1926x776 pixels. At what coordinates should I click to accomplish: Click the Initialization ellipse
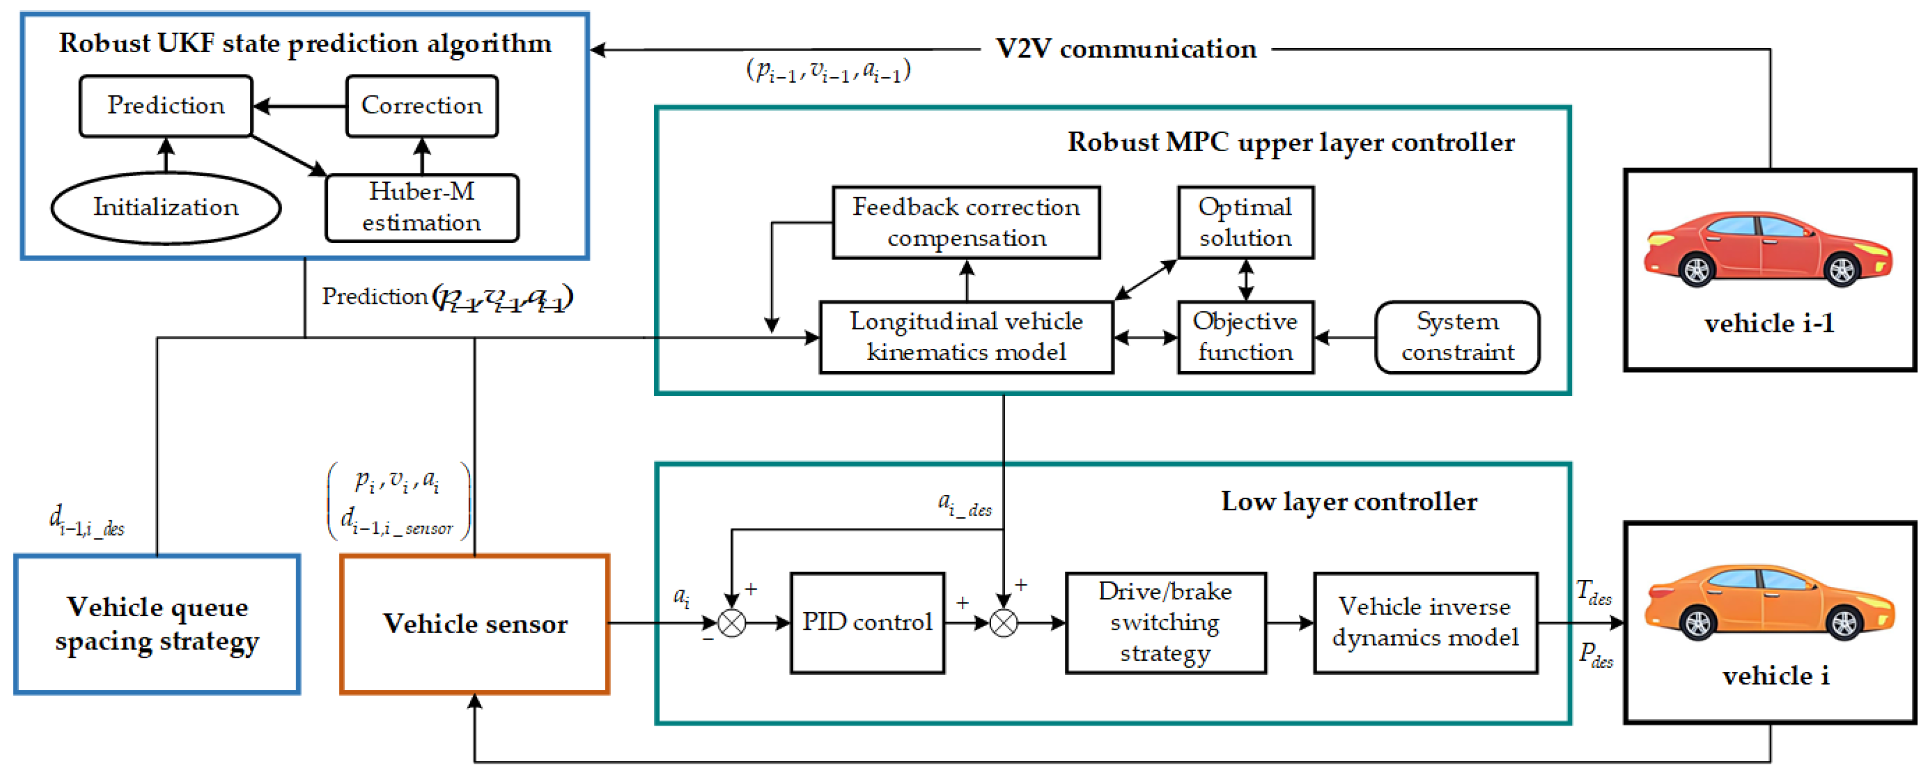166,207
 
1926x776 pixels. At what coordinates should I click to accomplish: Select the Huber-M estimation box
421,207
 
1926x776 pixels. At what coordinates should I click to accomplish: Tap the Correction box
421,105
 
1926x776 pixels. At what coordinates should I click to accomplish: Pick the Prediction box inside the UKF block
166,105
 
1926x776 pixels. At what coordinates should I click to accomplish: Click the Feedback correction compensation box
966,222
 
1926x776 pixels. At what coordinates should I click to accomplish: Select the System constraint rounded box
1457,337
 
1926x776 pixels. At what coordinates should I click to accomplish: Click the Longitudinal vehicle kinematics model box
966,337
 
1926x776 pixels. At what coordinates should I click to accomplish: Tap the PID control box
868,623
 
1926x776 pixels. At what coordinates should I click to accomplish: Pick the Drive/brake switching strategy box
1165,623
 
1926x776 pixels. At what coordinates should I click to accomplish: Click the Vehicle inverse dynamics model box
1425,623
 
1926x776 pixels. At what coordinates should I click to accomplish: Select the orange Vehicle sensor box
475,624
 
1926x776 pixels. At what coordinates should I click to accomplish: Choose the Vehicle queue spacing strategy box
157,624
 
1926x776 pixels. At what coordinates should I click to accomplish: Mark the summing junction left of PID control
731,623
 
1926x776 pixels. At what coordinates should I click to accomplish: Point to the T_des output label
1593,592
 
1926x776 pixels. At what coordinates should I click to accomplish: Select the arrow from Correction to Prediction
299,106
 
